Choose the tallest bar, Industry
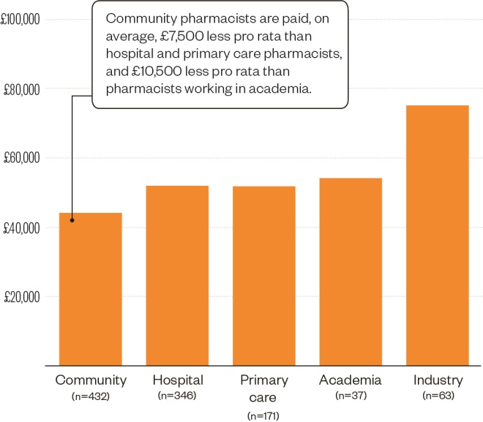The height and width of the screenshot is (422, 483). click(438, 235)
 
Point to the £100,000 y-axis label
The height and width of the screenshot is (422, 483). click(21, 20)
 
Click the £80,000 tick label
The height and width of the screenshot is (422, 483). click(22, 89)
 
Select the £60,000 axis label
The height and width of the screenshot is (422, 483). click(22, 159)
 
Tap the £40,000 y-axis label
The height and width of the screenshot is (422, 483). click(22, 228)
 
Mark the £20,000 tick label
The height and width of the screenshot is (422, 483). click(22, 297)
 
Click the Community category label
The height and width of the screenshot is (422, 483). click(91, 380)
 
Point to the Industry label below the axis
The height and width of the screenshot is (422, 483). click(438, 380)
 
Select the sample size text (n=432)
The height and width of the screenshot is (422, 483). click(91, 396)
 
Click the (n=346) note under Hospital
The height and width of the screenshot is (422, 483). click(177, 396)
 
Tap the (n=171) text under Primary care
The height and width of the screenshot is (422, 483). click(264, 415)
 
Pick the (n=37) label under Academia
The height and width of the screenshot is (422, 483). click(351, 396)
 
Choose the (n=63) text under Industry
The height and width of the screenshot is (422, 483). click(438, 396)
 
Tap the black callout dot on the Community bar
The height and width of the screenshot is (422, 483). click(72, 219)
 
